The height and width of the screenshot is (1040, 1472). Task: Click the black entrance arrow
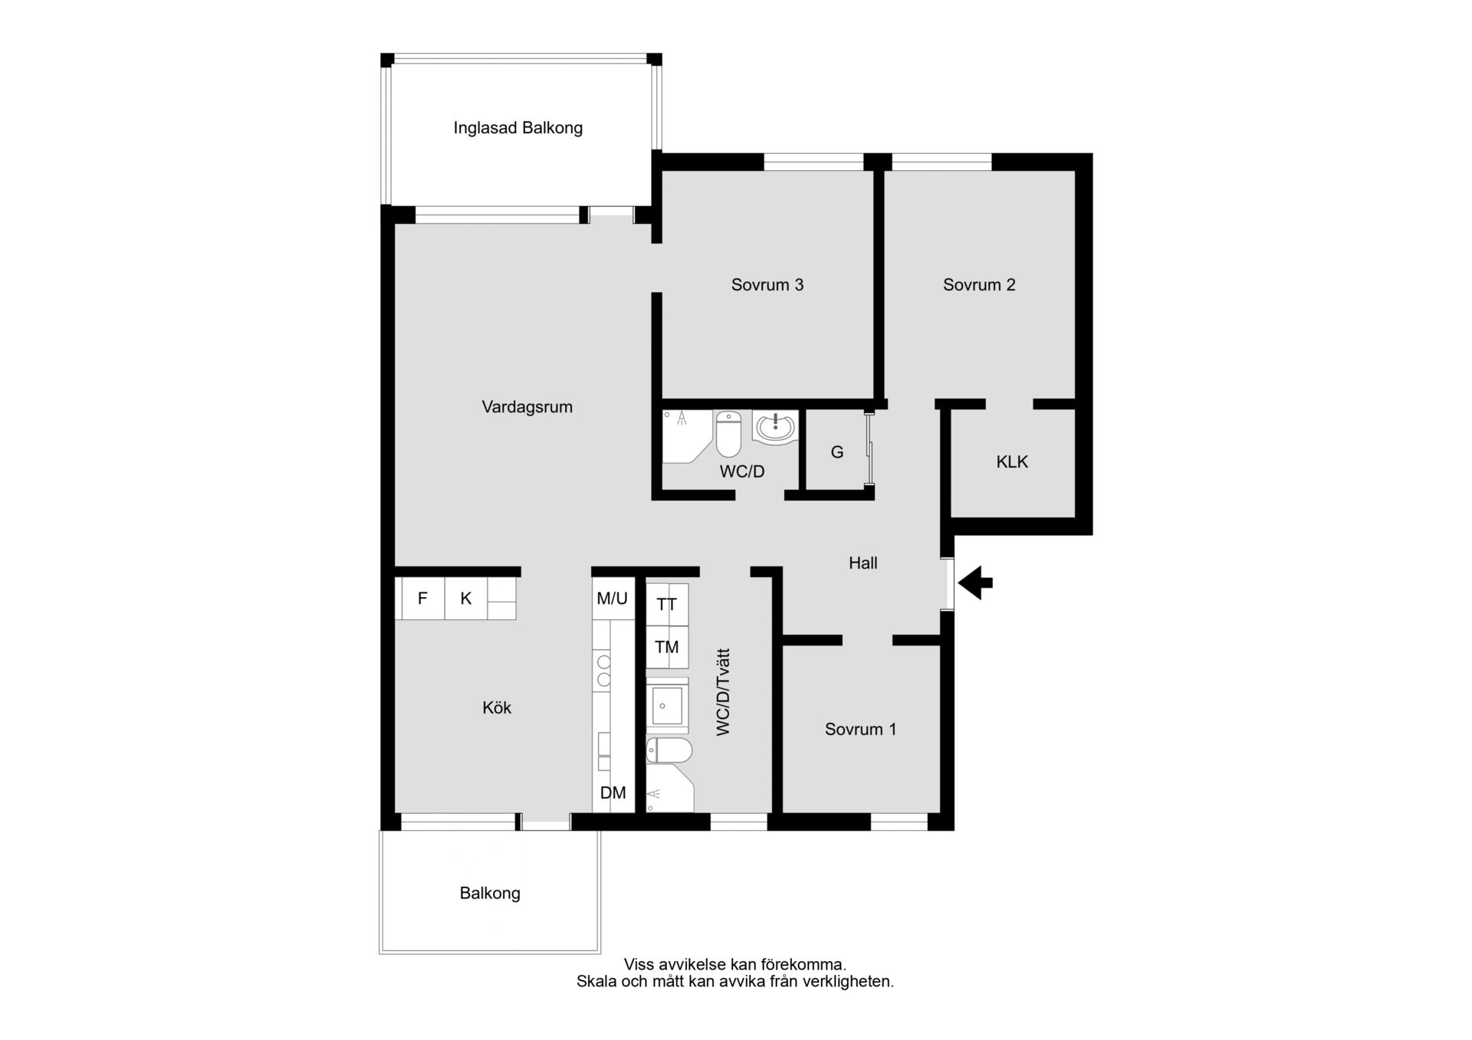click(975, 582)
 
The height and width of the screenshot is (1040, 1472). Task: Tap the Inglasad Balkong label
click(517, 128)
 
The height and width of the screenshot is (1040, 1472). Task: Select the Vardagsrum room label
click(527, 407)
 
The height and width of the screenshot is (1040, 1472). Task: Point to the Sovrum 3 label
click(767, 285)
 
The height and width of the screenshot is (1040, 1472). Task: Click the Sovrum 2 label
click(979, 285)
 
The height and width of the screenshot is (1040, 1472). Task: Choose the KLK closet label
click(1012, 462)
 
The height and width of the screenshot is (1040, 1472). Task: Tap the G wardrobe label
click(837, 452)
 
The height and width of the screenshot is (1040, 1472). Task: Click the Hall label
click(863, 563)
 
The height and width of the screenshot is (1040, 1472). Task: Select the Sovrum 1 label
click(860, 729)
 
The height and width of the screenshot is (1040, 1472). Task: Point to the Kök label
click(497, 707)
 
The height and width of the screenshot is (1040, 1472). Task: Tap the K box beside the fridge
click(466, 599)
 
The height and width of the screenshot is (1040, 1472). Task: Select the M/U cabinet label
click(612, 599)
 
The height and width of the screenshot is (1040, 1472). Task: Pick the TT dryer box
click(667, 605)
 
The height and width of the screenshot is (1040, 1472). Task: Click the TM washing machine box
click(667, 647)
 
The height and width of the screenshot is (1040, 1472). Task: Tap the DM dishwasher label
click(613, 793)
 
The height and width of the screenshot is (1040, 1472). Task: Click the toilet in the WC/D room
click(728, 434)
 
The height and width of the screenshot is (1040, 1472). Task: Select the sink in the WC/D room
click(775, 427)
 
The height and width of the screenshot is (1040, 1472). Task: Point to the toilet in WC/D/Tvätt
click(669, 751)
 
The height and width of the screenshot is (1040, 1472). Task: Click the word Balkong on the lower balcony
click(490, 894)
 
